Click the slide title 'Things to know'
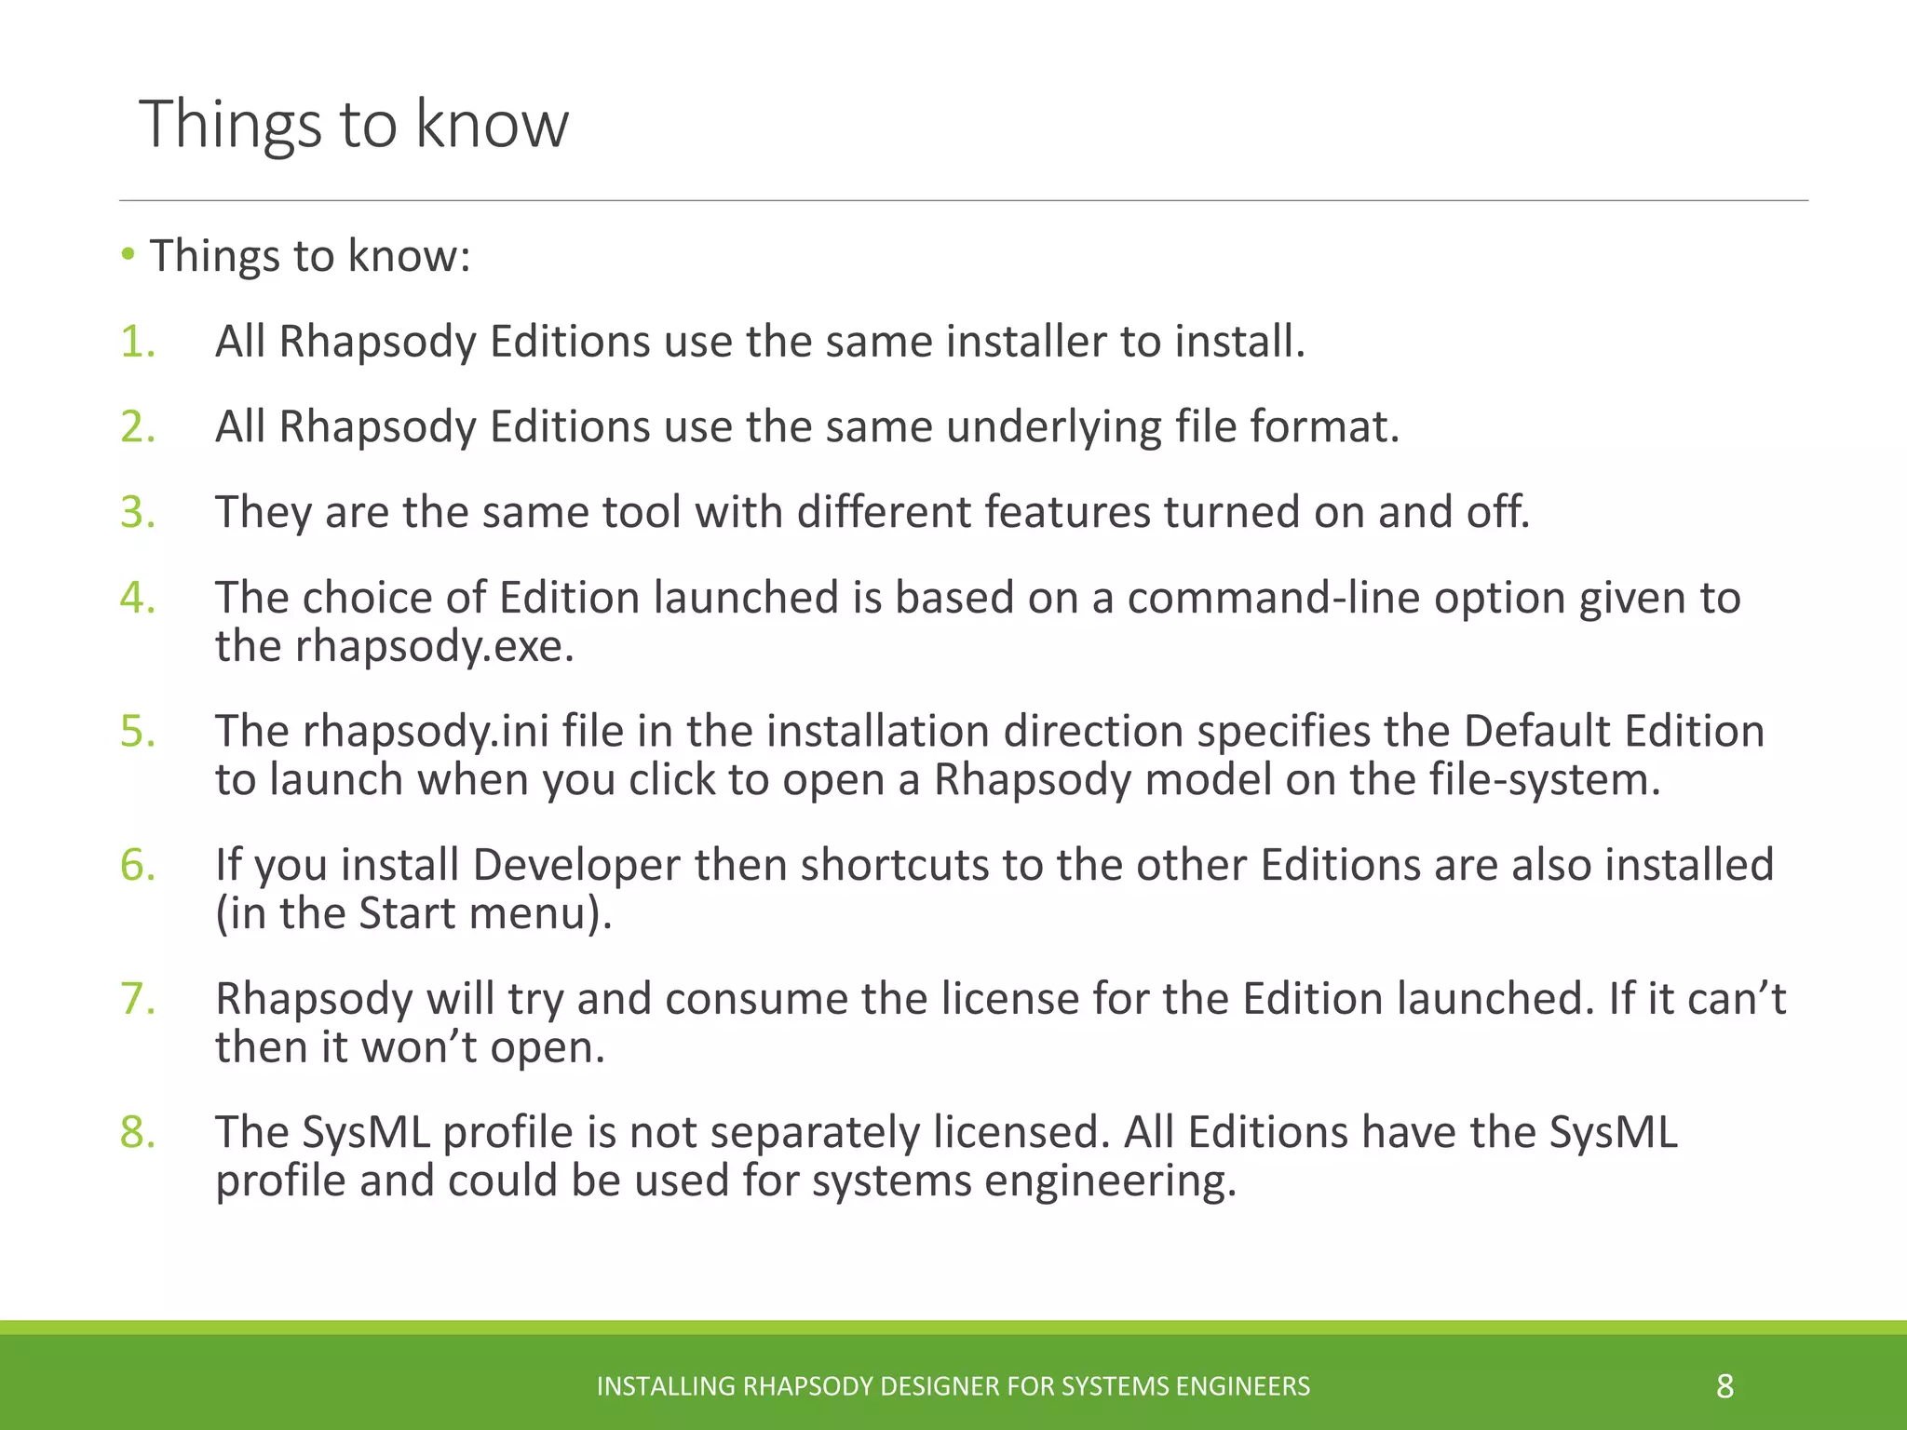[x=354, y=124]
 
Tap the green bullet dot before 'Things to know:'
[x=128, y=254]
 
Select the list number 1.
[x=137, y=342]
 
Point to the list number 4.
[x=137, y=598]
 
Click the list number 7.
[x=137, y=999]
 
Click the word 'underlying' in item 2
[x=1053, y=427]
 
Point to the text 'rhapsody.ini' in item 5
[x=425, y=732]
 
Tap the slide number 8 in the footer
[x=1724, y=1386]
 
